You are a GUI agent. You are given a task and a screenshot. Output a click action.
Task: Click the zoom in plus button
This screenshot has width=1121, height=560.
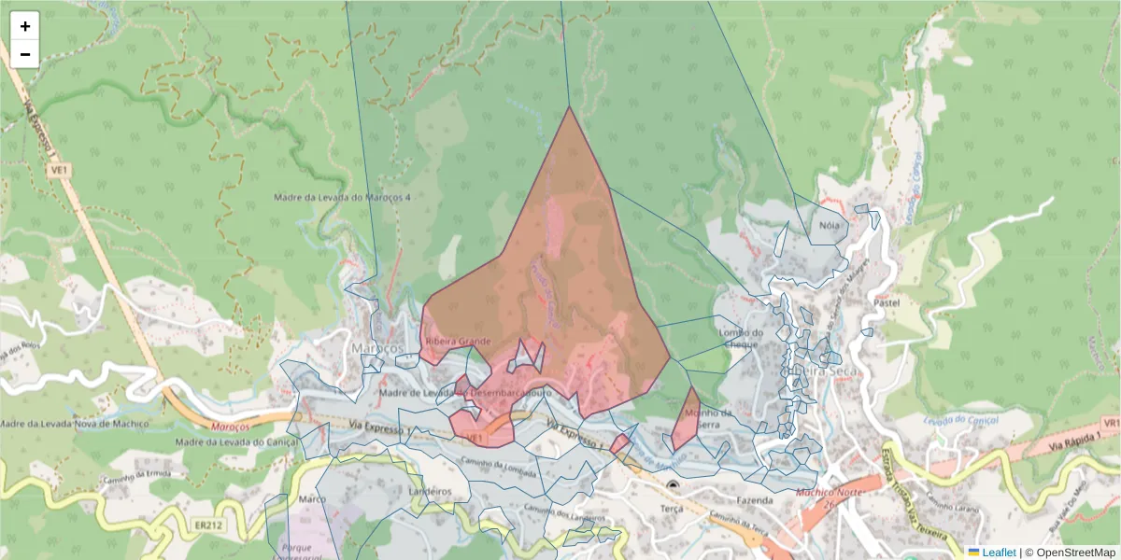coord(25,26)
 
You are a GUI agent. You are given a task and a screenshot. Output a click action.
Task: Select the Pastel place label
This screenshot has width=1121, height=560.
coord(885,303)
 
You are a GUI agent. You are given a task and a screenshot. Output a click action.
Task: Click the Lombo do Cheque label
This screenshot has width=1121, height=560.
coord(742,338)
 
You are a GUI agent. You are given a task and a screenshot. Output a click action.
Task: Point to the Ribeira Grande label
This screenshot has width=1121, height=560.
coord(458,342)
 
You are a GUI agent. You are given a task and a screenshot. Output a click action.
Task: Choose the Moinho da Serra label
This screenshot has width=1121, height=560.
coord(706,417)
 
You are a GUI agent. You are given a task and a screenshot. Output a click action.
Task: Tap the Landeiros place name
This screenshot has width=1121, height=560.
coord(430,490)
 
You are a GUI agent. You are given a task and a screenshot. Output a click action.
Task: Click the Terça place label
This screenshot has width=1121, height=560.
coord(672,509)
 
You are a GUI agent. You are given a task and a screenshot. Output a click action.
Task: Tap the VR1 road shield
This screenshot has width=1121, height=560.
coord(1110,424)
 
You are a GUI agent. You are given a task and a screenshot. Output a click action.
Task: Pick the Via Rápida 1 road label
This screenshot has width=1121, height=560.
coord(1075,444)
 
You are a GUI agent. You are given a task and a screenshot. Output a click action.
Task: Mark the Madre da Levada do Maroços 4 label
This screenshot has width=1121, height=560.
coord(342,197)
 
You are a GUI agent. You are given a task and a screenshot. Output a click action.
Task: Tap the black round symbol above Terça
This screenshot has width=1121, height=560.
coord(674,485)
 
